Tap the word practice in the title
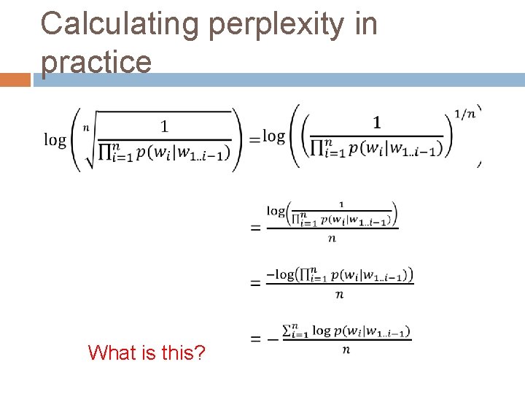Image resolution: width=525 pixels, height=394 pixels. click(x=96, y=62)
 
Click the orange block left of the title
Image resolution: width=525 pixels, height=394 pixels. click(x=15, y=80)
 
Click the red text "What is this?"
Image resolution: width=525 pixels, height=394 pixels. click(x=147, y=353)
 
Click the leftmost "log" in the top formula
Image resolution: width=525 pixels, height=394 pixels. click(x=55, y=139)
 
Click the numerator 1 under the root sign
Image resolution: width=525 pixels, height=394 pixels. click(x=164, y=126)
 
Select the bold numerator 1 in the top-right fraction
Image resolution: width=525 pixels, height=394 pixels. click(x=376, y=121)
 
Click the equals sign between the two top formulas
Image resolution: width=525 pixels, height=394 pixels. click(x=254, y=139)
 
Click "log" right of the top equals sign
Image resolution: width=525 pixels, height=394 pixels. click(x=273, y=136)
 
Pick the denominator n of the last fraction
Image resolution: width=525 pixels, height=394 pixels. click(x=346, y=349)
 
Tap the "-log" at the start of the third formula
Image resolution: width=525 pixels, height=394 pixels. click(x=280, y=275)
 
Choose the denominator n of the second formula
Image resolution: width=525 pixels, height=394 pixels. click(x=332, y=238)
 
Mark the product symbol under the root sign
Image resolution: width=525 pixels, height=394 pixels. click(x=104, y=151)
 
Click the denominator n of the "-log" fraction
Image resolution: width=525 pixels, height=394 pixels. click(x=340, y=294)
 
